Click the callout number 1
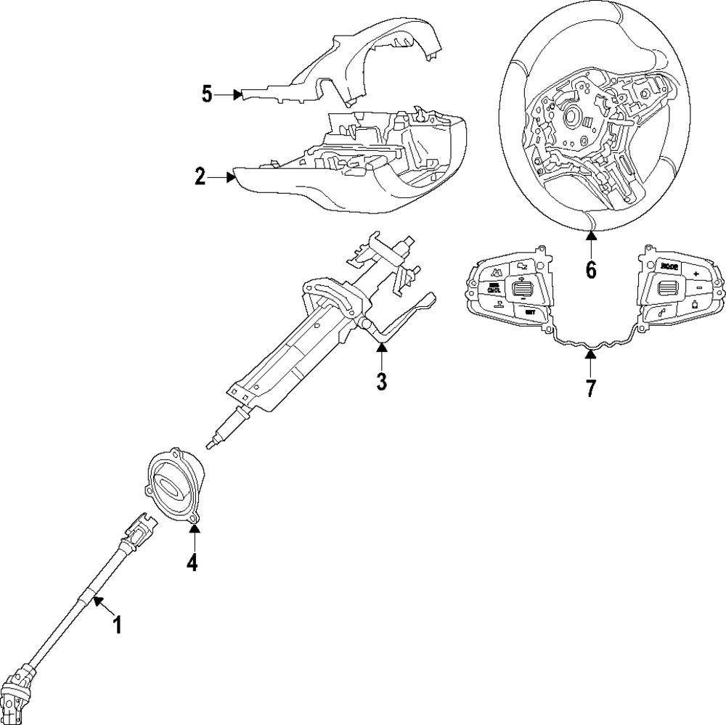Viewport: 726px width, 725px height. [116, 624]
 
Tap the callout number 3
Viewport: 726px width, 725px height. [381, 381]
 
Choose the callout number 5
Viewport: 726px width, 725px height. [208, 94]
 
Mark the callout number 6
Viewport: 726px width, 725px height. [591, 270]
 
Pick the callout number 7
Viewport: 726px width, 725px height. [591, 388]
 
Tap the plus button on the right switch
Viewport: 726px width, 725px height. [696, 274]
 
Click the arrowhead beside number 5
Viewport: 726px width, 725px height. [237, 94]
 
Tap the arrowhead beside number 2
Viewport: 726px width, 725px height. [232, 176]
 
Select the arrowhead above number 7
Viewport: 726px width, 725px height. [591, 355]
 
